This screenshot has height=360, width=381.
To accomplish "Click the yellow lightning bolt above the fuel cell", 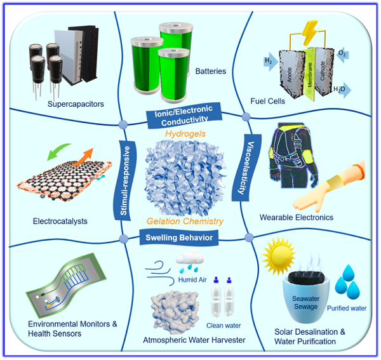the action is pyautogui.click(x=309, y=33).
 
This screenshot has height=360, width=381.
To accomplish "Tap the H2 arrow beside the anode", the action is pyautogui.click(x=271, y=62).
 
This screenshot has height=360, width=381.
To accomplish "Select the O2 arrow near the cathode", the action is pyautogui.click(x=342, y=55).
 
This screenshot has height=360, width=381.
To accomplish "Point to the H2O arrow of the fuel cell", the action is pyautogui.click(x=342, y=90).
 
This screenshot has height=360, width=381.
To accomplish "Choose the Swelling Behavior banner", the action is pyautogui.click(x=179, y=237).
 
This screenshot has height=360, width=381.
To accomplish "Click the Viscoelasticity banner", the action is pyautogui.click(x=246, y=168).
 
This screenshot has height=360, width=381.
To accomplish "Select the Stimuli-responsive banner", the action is pyautogui.click(x=124, y=180).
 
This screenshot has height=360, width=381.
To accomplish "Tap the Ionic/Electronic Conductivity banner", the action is pyautogui.click(x=184, y=116).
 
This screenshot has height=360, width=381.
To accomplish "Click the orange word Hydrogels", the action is pyautogui.click(x=185, y=134).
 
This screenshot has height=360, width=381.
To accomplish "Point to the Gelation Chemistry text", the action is pyautogui.click(x=185, y=222).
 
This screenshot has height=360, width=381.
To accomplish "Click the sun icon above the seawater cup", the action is pyautogui.click(x=279, y=255).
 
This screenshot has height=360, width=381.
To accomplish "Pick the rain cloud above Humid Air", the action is pyautogui.click(x=190, y=260).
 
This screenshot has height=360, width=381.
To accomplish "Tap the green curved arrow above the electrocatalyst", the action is pyautogui.click(x=58, y=151).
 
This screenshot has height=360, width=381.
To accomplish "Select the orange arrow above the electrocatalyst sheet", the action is pyautogui.click(x=82, y=157).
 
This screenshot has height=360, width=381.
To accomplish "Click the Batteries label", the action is pyautogui.click(x=211, y=71).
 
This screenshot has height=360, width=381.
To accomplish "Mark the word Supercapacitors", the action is pyautogui.click(x=76, y=104).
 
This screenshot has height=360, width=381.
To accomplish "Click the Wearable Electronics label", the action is pyautogui.click(x=296, y=217).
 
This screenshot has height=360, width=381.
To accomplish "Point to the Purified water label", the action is pyautogui.click(x=347, y=309).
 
